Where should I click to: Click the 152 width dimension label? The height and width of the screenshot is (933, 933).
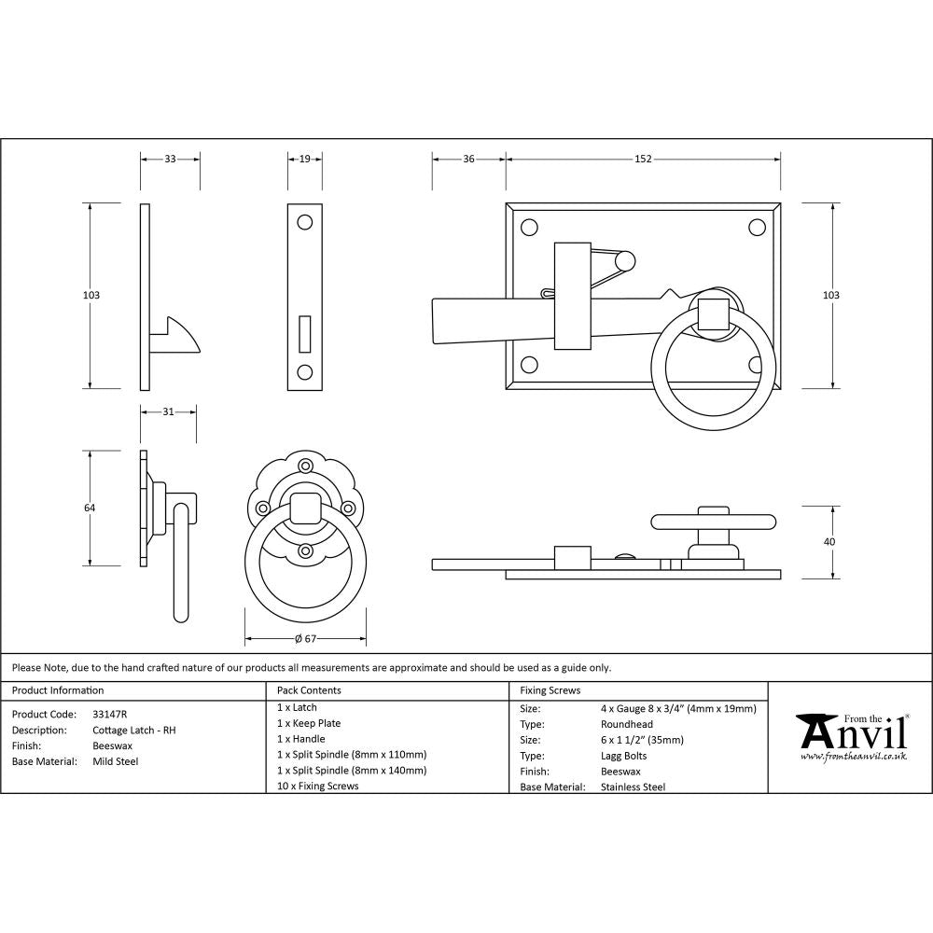point(643,160)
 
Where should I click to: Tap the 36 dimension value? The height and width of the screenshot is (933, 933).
point(468,160)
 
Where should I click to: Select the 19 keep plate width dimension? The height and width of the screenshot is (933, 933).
point(305,160)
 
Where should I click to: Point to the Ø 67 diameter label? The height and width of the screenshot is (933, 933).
point(305,639)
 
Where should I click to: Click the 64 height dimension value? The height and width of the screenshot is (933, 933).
point(91,508)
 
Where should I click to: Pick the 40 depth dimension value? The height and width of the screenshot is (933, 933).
point(830,541)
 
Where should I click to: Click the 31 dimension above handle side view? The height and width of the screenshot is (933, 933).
point(168,411)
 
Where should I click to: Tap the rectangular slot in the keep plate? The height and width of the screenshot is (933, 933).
point(305,332)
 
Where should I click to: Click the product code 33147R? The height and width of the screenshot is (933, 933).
point(110,714)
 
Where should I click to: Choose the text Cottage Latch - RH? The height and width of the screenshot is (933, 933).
point(134,730)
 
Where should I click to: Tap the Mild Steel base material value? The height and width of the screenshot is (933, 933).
point(116,761)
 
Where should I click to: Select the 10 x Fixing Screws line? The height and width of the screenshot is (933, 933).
point(317,786)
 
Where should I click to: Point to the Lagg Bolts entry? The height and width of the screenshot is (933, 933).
point(624,756)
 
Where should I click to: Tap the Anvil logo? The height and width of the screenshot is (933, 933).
point(850,736)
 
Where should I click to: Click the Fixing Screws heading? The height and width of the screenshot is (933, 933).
point(550,690)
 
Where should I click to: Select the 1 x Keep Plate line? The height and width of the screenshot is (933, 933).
point(309,723)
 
